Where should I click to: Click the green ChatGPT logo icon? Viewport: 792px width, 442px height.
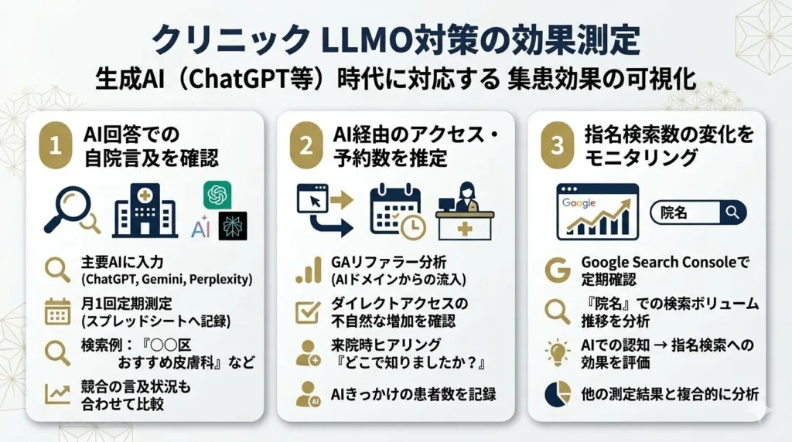[x=217, y=195]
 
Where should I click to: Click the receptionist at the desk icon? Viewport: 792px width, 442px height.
[x=466, y=210]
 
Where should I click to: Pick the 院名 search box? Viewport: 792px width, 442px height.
[x=698, y=212]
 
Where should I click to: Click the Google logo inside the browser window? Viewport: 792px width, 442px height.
[x=579, y=202]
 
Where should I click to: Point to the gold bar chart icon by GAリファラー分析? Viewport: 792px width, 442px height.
[x=308, y=270]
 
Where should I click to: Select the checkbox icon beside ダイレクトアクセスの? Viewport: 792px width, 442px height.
[x=308, y=311]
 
